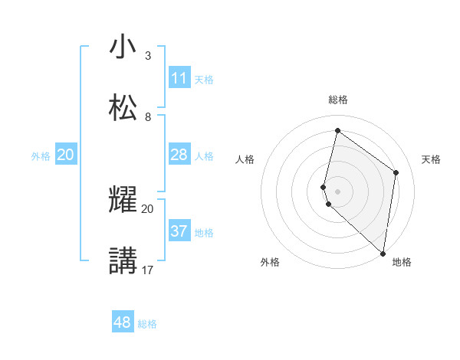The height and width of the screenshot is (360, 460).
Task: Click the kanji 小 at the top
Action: (x=123, y=47)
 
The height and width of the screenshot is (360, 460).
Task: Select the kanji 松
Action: (x=123, y=107)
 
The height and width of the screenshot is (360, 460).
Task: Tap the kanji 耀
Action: (x=123, y=201)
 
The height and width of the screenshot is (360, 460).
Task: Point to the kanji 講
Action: (x=123, y=260)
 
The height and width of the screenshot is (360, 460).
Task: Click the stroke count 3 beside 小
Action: (x=148, y=56)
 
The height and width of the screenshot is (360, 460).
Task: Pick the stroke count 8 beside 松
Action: (x=148, y=116)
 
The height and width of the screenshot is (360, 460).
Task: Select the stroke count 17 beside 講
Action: (x=148, y=270)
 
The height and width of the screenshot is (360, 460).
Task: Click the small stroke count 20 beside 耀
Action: (x=148, y=209)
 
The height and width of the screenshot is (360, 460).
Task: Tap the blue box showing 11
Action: (x=179, y=78)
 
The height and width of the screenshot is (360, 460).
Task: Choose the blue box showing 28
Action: (x=179, y=155)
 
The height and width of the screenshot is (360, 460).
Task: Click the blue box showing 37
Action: (x=179, y=231)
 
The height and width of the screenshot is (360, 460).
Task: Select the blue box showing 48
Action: (x=123, y=322)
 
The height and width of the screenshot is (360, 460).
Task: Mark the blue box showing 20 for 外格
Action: (x=66, y=155)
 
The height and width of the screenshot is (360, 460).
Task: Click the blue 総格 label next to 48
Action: (x=148, y=324)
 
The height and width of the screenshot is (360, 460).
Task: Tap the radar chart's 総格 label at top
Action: (x=338, y=100)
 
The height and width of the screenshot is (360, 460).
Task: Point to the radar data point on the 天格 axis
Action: (x=396, y=172)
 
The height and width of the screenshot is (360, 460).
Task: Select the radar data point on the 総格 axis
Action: (x=337, y=131)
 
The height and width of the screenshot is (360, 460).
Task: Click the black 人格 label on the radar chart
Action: (x=245, y=159)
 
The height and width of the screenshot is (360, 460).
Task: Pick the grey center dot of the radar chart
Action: (x=337, y=191)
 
